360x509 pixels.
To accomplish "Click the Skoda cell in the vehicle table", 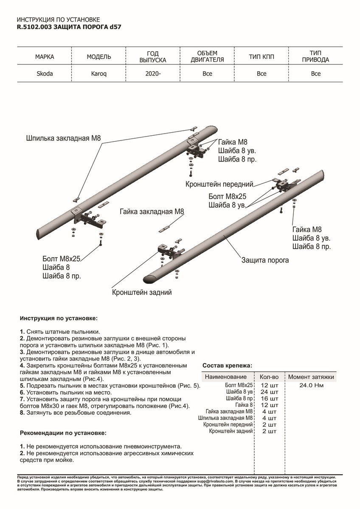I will click(x=45, y=74).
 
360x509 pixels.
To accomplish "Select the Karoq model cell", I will click(x=99, y=74).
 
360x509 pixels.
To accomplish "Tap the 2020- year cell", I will click(x=153, y=74).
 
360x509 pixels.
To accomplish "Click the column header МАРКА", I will click(x=45, y=57).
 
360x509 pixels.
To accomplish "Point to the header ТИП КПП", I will click(x=262, y=57).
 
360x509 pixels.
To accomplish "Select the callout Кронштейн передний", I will click(x=219, y=185).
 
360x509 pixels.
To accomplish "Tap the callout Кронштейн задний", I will click(x=142, y=292).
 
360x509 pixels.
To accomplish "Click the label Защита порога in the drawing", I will click(x=265, y=260).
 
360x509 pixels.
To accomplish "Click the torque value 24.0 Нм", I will click(x=311, y=386).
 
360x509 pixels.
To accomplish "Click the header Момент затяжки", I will click(x=311, y=377).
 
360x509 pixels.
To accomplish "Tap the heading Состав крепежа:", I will click(x=227, y=365).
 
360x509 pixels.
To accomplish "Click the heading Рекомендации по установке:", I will click(x=63, y=433).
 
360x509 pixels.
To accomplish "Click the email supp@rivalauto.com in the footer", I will click(x=215, y=482).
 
